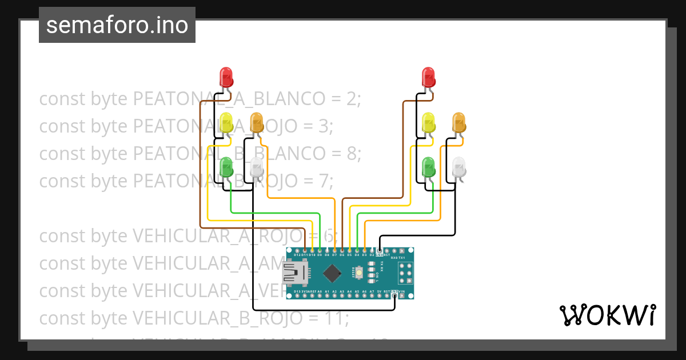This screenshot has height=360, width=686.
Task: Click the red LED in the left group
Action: click(226, 77)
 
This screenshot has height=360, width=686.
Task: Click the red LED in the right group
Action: click(428, 77)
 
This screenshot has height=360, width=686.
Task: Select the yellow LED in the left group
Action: click(226, 122)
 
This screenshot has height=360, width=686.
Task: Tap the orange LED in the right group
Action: click(459, 122)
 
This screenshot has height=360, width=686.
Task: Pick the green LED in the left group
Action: click(226, 167)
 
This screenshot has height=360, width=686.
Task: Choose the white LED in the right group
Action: click(459, 167)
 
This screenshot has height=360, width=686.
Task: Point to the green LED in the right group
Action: click(428, 167)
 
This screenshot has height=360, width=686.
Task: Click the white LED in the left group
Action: click(257, 167)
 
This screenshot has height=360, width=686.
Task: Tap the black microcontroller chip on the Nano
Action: click(332, 273)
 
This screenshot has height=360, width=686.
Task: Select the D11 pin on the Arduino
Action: click(305, 251)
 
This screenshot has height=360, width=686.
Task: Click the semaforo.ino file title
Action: click(117, 25)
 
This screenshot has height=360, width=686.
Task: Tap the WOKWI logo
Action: click(607, 315)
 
